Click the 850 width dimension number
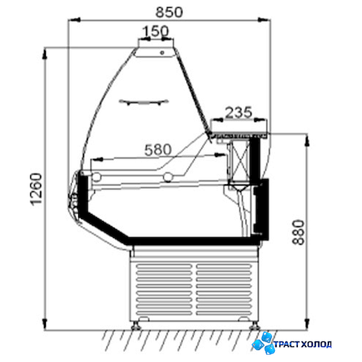coord(169,12)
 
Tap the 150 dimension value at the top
coord(156,31)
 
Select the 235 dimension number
coord(239,112)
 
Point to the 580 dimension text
coord(158,149)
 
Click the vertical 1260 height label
coord(36,189)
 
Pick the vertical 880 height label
coord(299,232)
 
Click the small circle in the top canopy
coord(162,52)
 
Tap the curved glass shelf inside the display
coord(144,102)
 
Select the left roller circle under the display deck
coord(96,177)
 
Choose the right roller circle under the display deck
coord(168,177)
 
